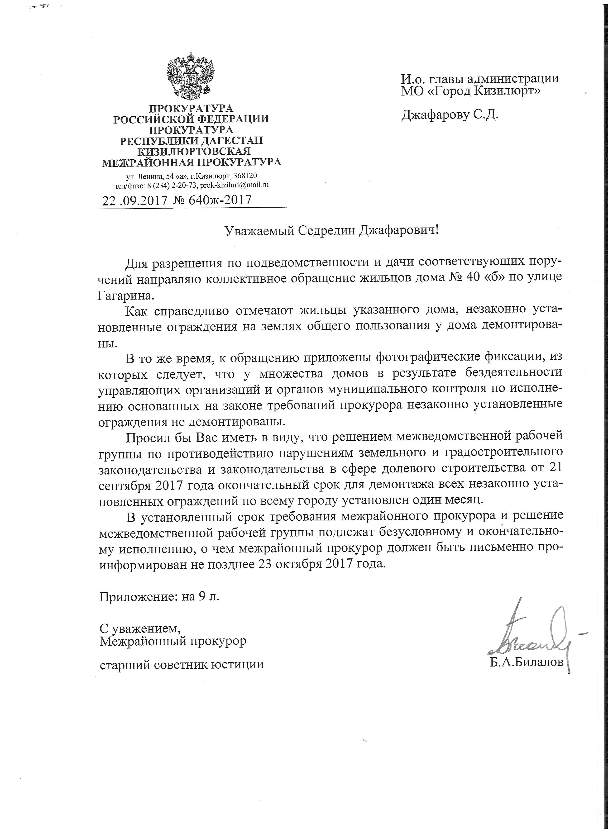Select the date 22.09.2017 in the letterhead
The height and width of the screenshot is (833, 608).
135,200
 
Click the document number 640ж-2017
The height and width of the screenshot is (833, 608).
220,200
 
